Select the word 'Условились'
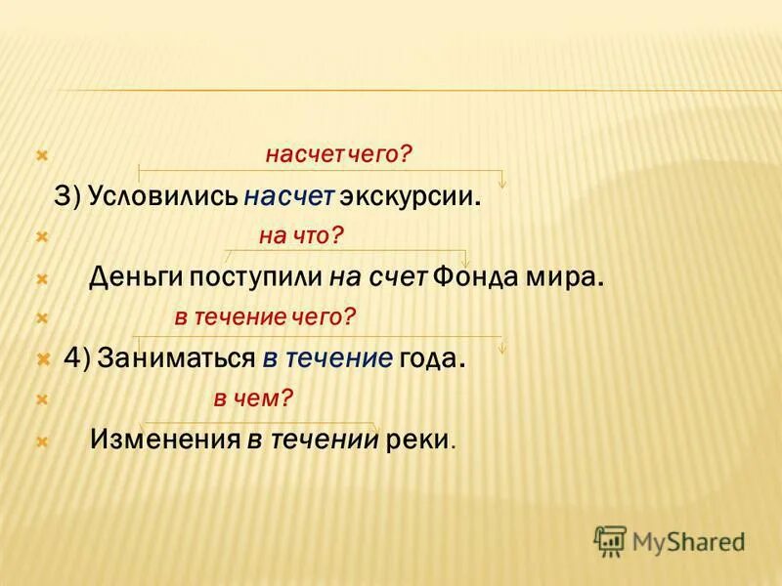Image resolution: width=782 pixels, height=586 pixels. [162, 196]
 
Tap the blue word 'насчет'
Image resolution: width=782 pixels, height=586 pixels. [290, 196]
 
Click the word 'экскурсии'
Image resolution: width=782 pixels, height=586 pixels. [408, 196]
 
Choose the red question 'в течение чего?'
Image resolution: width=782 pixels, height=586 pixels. [265, 316]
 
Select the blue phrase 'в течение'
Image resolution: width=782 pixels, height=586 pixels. [327, 358]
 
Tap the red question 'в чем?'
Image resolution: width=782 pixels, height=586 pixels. [253, 398]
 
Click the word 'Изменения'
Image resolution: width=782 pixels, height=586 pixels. [165, 439]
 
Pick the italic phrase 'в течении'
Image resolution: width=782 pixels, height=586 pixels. [312, 439]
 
